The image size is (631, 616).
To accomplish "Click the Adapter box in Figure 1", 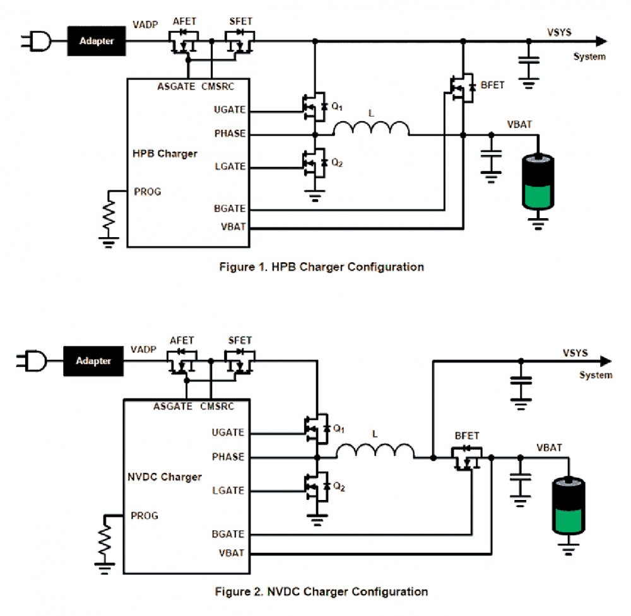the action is coord(97,41).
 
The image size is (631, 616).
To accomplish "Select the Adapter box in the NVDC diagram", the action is coord(93,361).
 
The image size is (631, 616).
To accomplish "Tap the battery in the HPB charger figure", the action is coord(538,182).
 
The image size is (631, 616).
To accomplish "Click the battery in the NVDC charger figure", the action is coord(569,506).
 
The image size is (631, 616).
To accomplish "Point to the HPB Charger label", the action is coord(165,154).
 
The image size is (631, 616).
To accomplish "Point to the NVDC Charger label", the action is coord(165,477).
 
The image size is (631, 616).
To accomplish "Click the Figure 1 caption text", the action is coord(322,267).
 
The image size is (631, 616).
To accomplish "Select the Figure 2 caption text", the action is coord(322,591).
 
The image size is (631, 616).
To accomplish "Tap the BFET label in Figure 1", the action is coord(493,85).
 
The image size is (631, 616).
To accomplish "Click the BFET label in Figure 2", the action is coord(467,436).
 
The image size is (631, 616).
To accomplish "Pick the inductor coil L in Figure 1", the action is coord(372,128).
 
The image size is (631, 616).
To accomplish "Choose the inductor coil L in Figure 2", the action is coord(375,451).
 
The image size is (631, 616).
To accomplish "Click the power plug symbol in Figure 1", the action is coord(36,41).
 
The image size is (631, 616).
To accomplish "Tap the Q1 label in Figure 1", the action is coord(337,107).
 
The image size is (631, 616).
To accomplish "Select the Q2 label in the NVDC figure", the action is coord(339,487).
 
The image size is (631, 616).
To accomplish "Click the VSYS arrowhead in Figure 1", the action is coord(601,41).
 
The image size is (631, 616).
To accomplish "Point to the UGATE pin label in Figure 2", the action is coord(228,433).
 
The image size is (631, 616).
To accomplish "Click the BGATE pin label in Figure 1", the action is coord(230,208).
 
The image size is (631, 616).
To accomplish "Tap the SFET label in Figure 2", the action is coord(240,340).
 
